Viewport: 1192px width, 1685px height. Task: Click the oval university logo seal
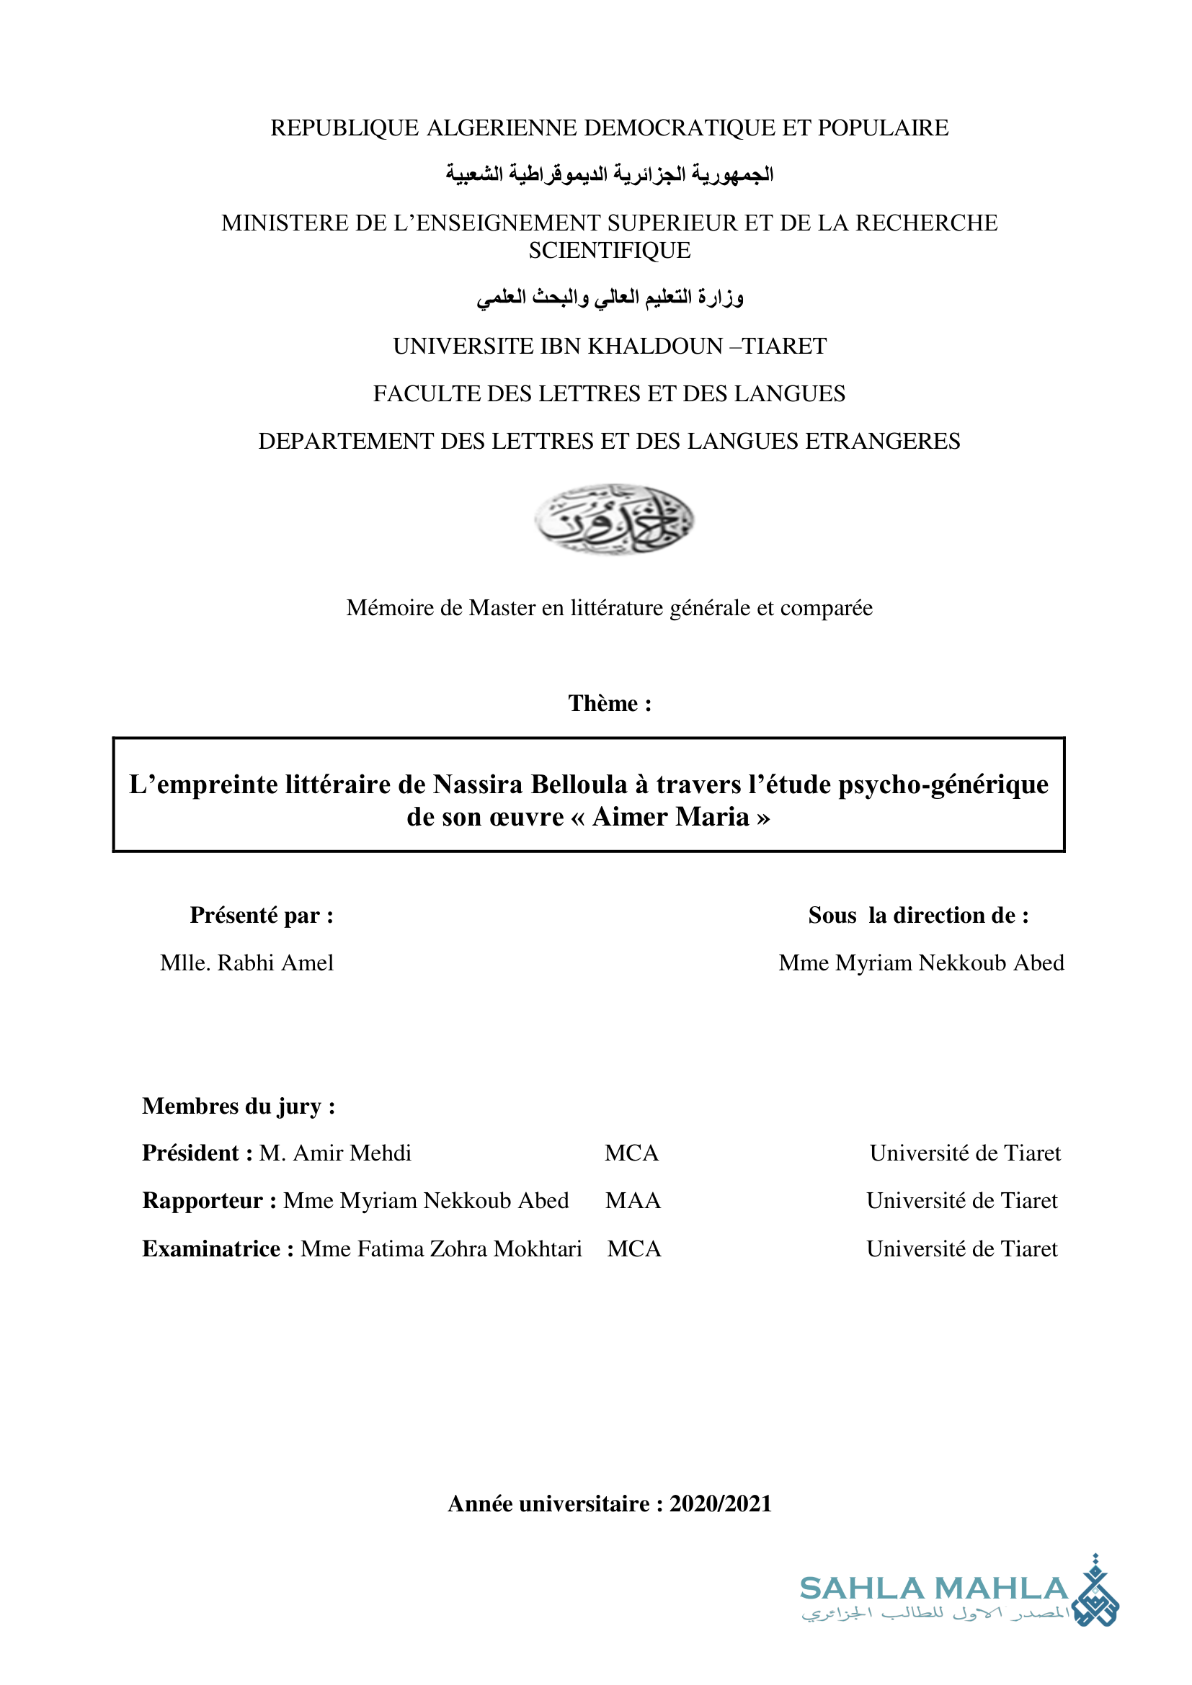coord(613,519)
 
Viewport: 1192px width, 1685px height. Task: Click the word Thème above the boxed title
coord(602,703)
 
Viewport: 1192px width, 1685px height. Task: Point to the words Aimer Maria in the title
coord(670,817)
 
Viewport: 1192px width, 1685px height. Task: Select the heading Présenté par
coord(262,915)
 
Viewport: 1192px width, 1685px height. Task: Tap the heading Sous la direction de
coord(917,915)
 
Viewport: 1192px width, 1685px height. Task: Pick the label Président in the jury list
coord(191,1153)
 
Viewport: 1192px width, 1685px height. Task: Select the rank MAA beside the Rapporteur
coord(633,1201)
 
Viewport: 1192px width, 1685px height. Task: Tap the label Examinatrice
coord(211,1248)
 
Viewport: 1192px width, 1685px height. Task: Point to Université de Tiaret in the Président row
coord(964,1153)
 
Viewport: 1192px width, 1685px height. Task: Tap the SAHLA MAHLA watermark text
coord(933,1589)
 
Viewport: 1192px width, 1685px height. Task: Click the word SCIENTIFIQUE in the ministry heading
coord(609,250)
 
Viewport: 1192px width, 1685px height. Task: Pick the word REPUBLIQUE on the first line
coord(344,128)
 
